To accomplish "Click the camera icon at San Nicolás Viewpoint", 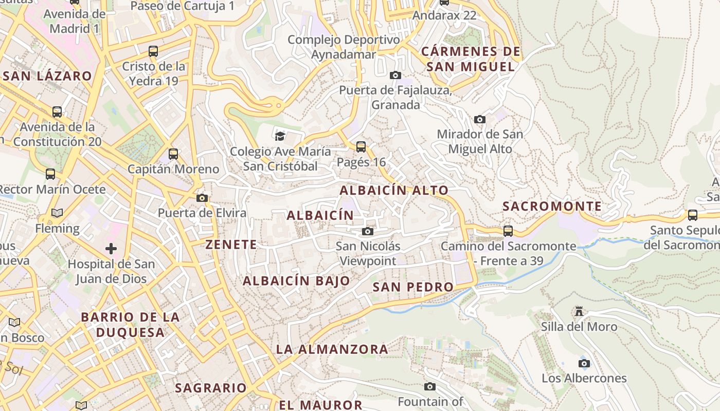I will [x=367, y=231].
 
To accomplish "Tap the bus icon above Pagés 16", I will [x=361, y=147].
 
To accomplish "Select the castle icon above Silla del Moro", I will [x=579, y=311].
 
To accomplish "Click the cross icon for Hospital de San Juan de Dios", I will [x=111, y=249].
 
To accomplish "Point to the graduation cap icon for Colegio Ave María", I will [x=280, y=136].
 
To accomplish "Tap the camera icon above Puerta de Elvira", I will [x=202, y=198].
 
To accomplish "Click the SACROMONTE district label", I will [x=552, y=207].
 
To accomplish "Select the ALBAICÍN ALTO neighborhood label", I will [x=394, y=190].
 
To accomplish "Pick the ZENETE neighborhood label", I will [x=231, y=245].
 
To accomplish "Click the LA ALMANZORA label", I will [x=332, y=349].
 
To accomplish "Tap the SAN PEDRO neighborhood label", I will [x=413, y=287].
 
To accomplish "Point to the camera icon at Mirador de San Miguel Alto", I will [x=479, y=120].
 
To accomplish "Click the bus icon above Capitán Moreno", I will [x=173, y=154].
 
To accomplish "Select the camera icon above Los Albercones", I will [x=584, y=364].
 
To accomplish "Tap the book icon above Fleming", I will [x=57, y=213].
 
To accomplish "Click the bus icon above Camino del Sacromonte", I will [x=508, y=231].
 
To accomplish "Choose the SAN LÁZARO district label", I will [x=47, y=76].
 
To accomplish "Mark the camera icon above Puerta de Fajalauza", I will [x=395, y=76].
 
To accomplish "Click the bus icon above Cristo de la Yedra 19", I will [x=153, y=51].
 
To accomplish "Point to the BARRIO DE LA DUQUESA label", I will [x=130, y=325].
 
